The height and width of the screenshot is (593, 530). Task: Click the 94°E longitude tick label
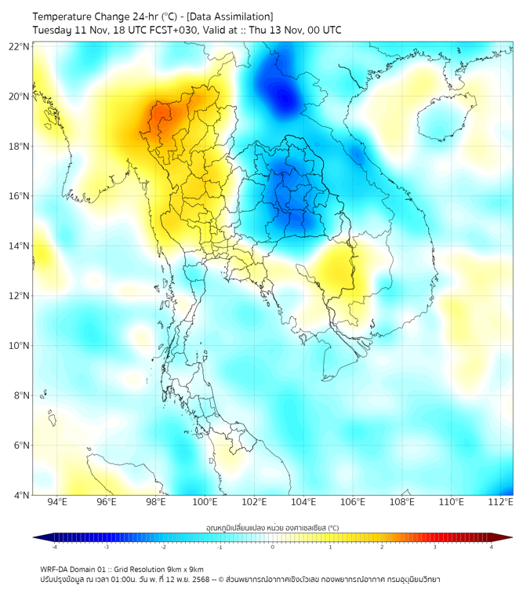coord(57,502)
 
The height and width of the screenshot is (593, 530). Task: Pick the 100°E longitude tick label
coord(205,502)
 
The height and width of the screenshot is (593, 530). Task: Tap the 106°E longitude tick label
coord(353,502)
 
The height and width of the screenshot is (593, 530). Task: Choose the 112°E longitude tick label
coord(500,502)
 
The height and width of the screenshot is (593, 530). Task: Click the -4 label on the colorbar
coord(54,547)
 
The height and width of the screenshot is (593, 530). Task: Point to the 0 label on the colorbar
coord(273,547)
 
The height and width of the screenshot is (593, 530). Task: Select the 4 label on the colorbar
coord(491,547)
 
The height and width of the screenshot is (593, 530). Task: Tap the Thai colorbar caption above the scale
coord(272,527)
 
